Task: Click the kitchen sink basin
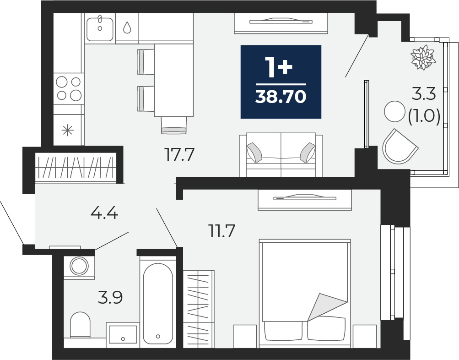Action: [x=100, y=29]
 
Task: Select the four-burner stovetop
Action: [x=69, y=88]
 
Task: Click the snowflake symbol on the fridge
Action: [x=67, y=131]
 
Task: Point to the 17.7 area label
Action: [x=179, y=155]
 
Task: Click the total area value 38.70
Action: [x=281, y=97]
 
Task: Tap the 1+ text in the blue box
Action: [x=279, y=67]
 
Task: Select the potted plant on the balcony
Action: [x=423, y=57]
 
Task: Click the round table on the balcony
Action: [x=394, y=111]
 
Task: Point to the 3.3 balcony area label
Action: [x=424, y=95]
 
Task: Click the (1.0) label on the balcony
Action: [x=424, y=117]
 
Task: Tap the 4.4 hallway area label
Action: [x=104, y=213]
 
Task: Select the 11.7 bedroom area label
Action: [x=221, y=231]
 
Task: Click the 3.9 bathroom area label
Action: [x=110, y=297]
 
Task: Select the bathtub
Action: [x=158, y=303]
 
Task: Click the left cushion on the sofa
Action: [x=254, y=153]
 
